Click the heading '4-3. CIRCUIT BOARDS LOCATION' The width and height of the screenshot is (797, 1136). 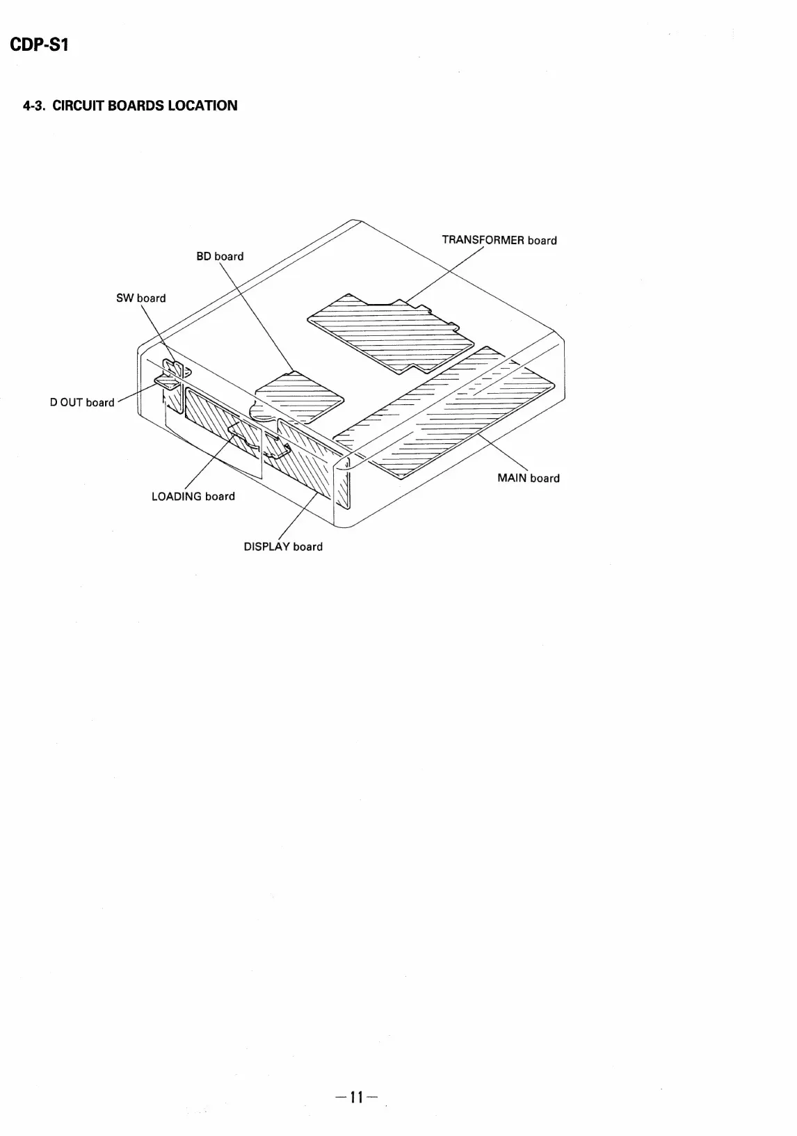point(130,106)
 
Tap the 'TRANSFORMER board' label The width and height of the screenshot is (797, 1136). point(499,241)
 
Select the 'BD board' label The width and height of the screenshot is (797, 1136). point(220,257)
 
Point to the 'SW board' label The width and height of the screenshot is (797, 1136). point(140,298)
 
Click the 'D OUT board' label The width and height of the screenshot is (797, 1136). point(82,403)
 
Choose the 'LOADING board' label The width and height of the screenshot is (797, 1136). point(193,497)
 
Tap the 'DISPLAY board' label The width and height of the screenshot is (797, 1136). point(282,547)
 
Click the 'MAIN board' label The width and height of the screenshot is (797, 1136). point(528,479)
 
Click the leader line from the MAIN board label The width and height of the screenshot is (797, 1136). point(504,452)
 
